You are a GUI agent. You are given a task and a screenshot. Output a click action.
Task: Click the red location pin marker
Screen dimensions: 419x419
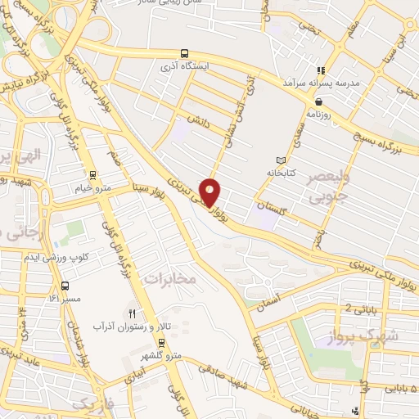210,191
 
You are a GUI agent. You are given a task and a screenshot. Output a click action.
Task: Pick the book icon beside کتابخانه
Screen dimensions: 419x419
282,159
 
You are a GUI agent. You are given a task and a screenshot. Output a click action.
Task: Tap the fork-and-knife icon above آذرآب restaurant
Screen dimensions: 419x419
132,313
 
